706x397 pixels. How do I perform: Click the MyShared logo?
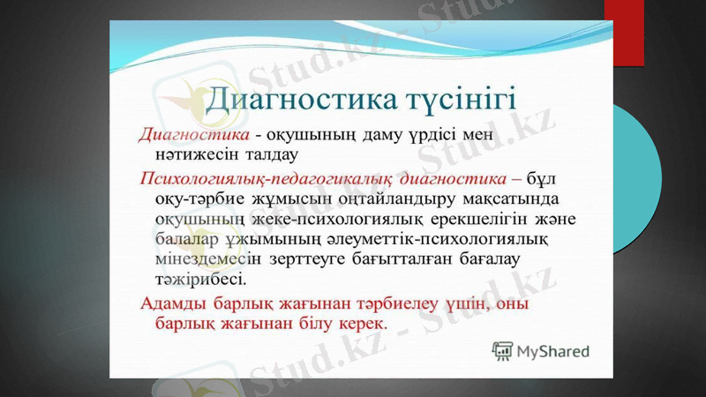point(541,350)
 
